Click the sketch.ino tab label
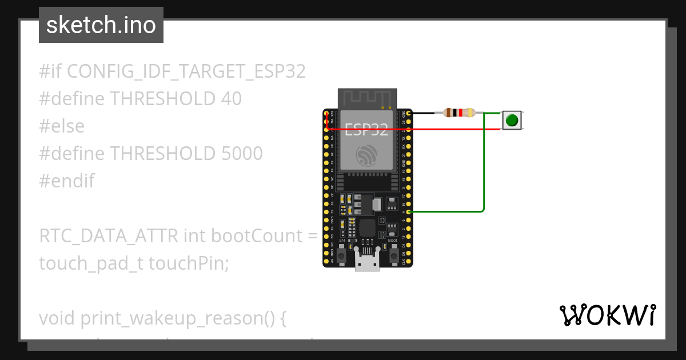[x=101, y=25]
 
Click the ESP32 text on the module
[x=367, y=130]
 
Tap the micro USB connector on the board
[x=368, y=262]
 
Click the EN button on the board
[x=342, y=256]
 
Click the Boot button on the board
[x=393, y=256]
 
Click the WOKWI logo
[x=607, y=315]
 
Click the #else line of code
[x=62, y=126]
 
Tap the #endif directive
[x=67, y=181]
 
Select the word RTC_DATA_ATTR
[x=109, y=236]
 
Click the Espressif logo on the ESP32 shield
[x=366, y=155]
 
